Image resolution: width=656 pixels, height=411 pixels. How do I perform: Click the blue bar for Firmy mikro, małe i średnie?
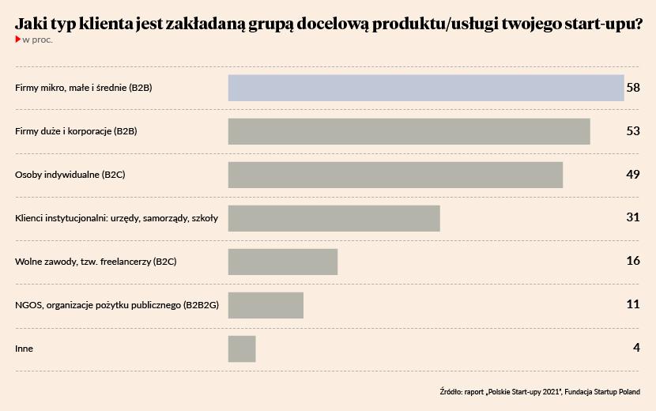tap(426, 88)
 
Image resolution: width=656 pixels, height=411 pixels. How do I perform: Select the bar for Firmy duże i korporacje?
tap(409, 131)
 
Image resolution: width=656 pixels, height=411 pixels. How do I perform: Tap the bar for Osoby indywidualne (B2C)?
tap(395, 175)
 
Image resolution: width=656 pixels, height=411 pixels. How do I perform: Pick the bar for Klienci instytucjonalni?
tap(334, 218)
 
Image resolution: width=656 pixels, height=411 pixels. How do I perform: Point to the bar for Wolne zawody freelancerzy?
tap(283, 262)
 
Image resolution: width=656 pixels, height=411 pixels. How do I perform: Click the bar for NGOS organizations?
tap(266, 305)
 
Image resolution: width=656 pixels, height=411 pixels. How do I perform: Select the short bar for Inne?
tap(242, 349)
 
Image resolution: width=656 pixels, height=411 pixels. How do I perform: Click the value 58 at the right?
tap(632, 88)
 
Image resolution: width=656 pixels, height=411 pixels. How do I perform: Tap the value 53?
tap(632, 131)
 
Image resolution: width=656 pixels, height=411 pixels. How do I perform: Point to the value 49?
tap(632, 175)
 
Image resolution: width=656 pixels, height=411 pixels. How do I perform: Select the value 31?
tap(632, 217)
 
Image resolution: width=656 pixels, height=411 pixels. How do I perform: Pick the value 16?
tap(632, 261)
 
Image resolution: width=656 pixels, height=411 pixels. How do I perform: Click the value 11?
tap(632, 304)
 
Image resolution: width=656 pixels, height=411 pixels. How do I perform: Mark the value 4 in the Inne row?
tap(635, 348)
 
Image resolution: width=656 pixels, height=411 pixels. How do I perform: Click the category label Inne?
tap(25, 349)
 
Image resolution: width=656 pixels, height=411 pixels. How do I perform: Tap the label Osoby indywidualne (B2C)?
tap(70, 175)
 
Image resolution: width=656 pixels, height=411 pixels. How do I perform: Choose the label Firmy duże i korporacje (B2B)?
tap(76, 131)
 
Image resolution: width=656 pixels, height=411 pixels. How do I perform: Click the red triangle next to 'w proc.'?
tap(18, 39)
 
